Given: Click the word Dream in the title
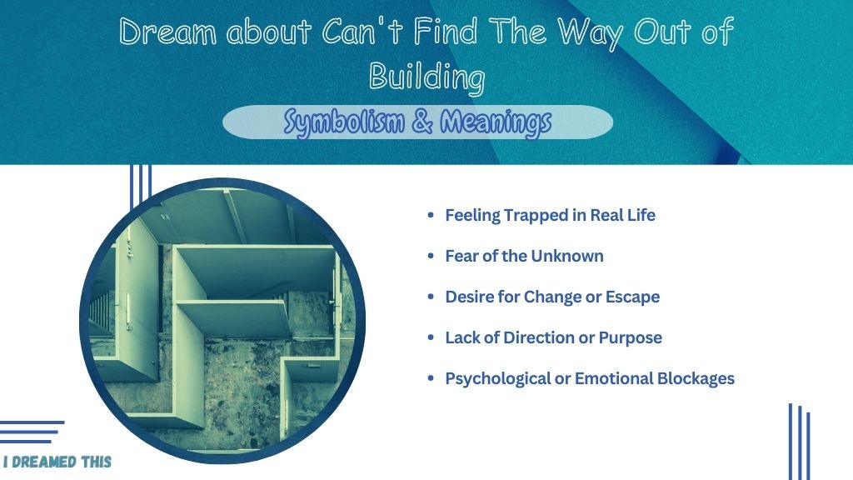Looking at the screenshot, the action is coord(167,32).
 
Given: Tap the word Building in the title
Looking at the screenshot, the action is coord(426,76).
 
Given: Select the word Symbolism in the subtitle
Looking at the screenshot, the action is coord(344,122).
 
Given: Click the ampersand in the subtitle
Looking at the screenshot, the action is coord(422,121).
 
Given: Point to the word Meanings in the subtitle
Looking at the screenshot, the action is coord(496,122).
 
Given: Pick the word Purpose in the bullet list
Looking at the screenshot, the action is coord(630,338).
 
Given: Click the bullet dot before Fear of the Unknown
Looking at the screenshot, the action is coord(431,256).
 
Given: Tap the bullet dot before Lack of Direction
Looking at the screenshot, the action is coord(431,337).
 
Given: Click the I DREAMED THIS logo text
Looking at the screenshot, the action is coord(57,462).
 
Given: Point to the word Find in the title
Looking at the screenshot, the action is coord(446,31).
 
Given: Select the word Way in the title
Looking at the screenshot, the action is coord(591,33).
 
